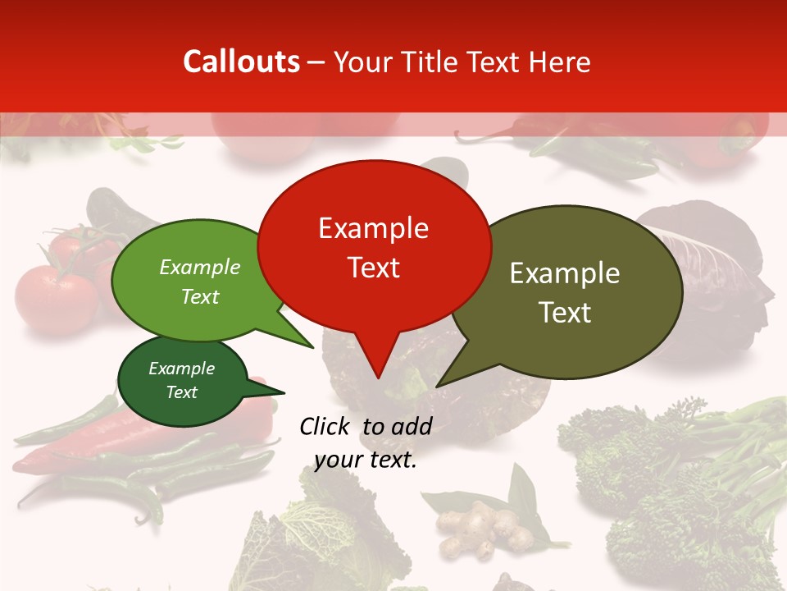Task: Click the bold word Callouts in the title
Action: point(241,62)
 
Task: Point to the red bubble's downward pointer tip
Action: point(378,378)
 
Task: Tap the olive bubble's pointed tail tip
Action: point(437,386)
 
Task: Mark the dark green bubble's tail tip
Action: point(284,393)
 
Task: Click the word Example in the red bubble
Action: point(373,228)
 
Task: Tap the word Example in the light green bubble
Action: point(200,268)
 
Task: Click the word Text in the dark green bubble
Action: point(182,392)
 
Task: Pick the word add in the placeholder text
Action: point(412,426)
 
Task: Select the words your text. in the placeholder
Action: point(366,460)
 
